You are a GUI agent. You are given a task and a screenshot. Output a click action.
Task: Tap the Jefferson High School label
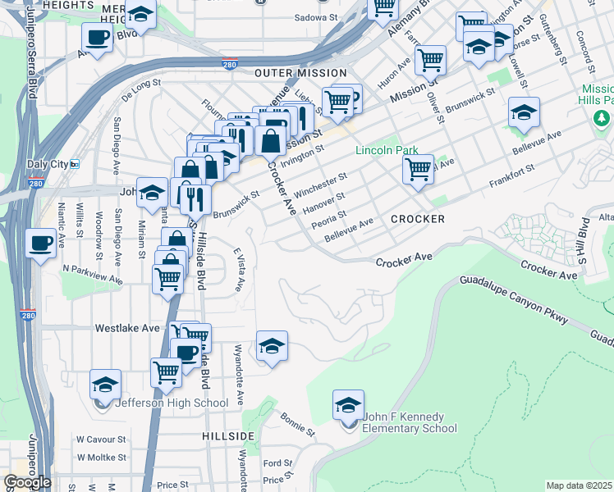click(x=172, y=403)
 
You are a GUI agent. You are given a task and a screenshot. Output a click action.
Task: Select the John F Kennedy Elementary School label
click(x=409, y=422)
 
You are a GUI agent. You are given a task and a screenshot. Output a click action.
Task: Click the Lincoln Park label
click(x=387, y=150)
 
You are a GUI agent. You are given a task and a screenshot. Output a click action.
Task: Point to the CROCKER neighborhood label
click(x=418, y=219)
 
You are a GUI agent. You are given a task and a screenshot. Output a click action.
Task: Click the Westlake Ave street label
click(x=127, y=327)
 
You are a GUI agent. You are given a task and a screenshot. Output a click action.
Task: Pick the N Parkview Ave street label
click(x=92, y=268)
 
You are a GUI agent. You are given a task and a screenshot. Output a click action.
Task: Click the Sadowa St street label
click(x=315, y=16)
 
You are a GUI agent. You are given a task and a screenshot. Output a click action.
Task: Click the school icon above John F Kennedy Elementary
click(x=348, y=405)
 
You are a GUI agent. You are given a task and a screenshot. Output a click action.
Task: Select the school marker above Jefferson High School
click(x=106, y=384)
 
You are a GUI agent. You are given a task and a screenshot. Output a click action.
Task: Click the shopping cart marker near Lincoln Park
click(x=418, y=170)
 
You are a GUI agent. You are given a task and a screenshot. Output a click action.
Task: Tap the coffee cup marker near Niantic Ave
click(x=40, y=242)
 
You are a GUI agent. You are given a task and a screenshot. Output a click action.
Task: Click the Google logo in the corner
click(x=26, y=482)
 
